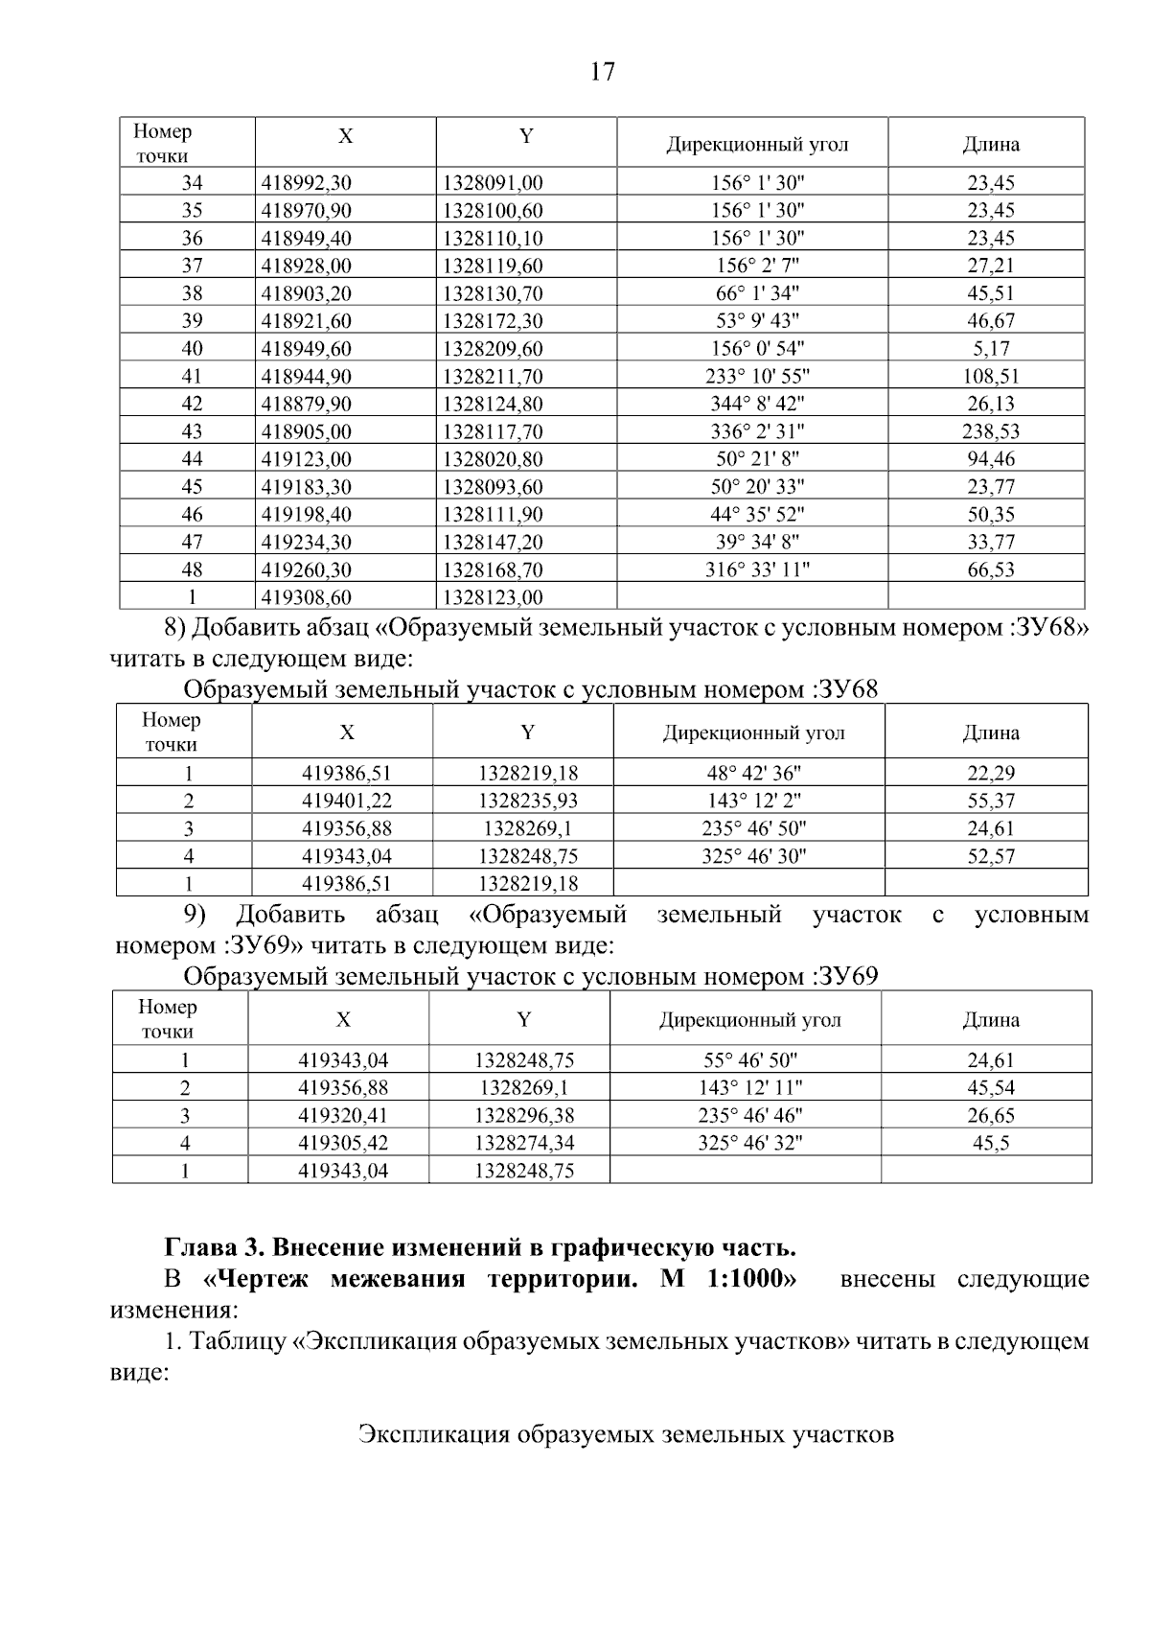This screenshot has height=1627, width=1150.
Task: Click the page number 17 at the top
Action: [602, 72]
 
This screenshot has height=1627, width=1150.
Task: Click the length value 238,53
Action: [990, 431]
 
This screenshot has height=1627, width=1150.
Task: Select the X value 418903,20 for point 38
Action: [307, 293]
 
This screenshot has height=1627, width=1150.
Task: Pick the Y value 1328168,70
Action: [493, 570]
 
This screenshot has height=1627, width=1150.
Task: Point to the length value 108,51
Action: [990, 377]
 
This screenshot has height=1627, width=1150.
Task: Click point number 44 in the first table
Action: [192, 459]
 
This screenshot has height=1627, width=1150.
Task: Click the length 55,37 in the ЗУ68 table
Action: [990, 801]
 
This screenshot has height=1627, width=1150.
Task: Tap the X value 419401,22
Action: [346, 801]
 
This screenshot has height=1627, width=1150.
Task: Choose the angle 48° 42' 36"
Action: [753, 773]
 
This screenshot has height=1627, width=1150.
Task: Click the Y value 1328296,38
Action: [524, 1115]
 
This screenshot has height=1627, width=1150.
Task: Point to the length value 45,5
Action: [990, 1143]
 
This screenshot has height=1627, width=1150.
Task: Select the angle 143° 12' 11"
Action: [749, 1087]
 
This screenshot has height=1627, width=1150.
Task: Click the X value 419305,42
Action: [343, 1143]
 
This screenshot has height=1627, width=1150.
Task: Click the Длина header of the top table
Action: [990, 145]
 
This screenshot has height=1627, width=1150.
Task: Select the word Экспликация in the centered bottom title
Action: [433, 1435]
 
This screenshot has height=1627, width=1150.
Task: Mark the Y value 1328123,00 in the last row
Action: [493, 598]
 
